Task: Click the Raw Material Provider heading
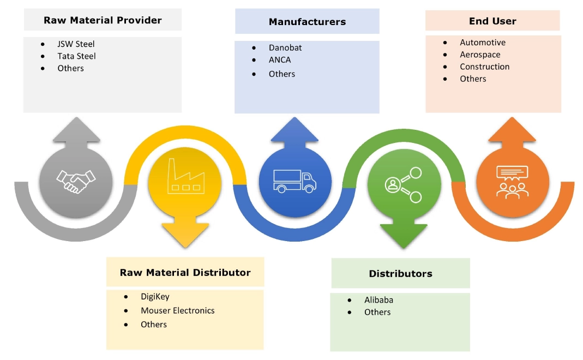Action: click(x=103, y=21)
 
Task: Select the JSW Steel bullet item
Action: click(x=76, y=44)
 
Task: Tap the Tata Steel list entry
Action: click(x=76, y=56)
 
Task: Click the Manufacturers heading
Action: click(x=307, y=22)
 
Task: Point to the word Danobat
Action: click(x=285, y=47)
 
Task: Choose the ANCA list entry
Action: click(x=280, y=60)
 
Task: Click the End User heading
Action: click(x=492, y=21)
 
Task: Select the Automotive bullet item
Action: click(x=483, y=43)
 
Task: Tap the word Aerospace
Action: click(x=480, y=55)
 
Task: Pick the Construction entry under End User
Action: click(x=485, y=67)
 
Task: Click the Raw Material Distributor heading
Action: click(x=185, y=273)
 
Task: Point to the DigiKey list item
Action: click(x=155, y=297)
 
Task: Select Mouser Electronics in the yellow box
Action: click(x=178, y=310)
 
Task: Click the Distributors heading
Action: click(x=401, y=274)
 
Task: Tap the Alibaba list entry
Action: click(x=378, y=300)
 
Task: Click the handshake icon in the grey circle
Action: click(x=76, y=180)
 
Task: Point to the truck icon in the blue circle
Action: click(x=294, y=181)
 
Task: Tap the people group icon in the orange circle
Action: click(x=512, y=181)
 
